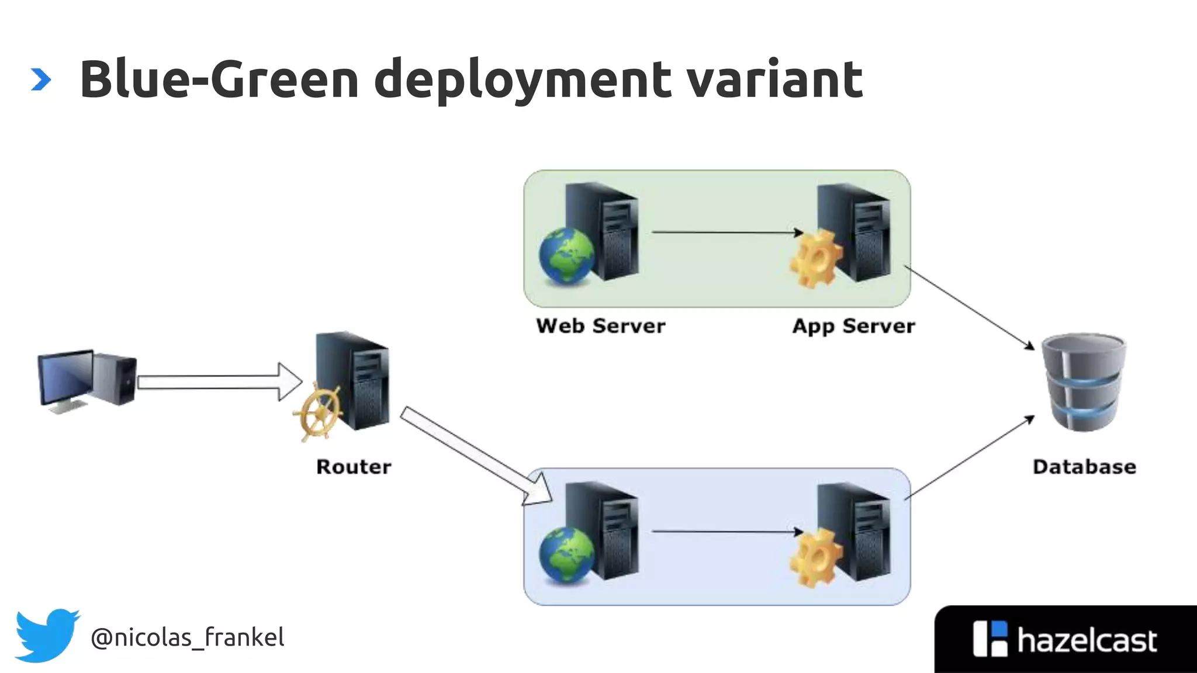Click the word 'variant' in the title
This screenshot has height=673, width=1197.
coord(774,79)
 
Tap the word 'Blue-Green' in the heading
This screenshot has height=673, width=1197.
coord(219,79)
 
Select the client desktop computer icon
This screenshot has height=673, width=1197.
coord(87,380)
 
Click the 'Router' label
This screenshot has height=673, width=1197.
coord(354,467)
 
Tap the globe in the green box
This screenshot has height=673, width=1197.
coord(566,256)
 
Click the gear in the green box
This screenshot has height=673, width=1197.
coord(816,259)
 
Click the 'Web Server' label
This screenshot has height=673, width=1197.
coord(600,326)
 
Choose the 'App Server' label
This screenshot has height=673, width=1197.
coord(853,326)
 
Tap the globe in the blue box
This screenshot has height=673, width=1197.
coord(566,555)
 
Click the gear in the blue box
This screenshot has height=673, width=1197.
coord(816,558)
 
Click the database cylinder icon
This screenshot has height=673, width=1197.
coord(1085,382)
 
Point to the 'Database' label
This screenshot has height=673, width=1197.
coord(1084,467)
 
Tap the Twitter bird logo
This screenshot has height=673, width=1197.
coord(47,635)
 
